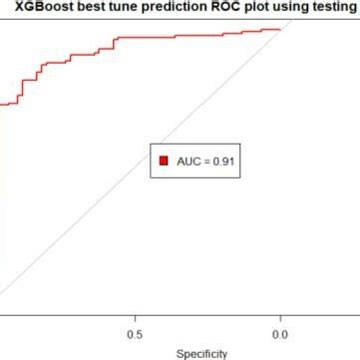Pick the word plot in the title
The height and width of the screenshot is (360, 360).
coord(259,9)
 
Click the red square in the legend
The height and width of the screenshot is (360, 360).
coord(163,160)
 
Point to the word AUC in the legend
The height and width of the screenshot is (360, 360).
coord(187,160)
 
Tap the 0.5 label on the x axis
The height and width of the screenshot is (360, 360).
coord(135,334)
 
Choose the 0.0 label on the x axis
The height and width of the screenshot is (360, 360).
coord(280,334)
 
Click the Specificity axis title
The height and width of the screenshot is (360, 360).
coord(201,353)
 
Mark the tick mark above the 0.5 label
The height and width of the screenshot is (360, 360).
coord(135,319)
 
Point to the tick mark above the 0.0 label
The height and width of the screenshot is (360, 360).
coord(280,319)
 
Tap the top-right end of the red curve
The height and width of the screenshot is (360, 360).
coord(280,29)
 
